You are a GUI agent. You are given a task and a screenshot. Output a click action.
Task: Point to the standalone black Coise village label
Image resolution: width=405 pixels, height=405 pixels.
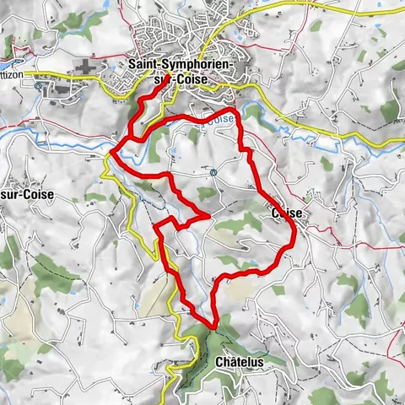[x=287, y=214]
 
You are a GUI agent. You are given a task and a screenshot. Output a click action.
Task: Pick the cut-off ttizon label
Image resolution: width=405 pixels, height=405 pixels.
[x=15, y=73]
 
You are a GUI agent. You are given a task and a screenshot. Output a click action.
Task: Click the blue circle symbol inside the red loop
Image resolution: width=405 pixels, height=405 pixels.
[x=213, y=173]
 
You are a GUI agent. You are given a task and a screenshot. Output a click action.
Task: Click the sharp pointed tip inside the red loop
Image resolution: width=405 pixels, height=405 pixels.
[x=208, y=217]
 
